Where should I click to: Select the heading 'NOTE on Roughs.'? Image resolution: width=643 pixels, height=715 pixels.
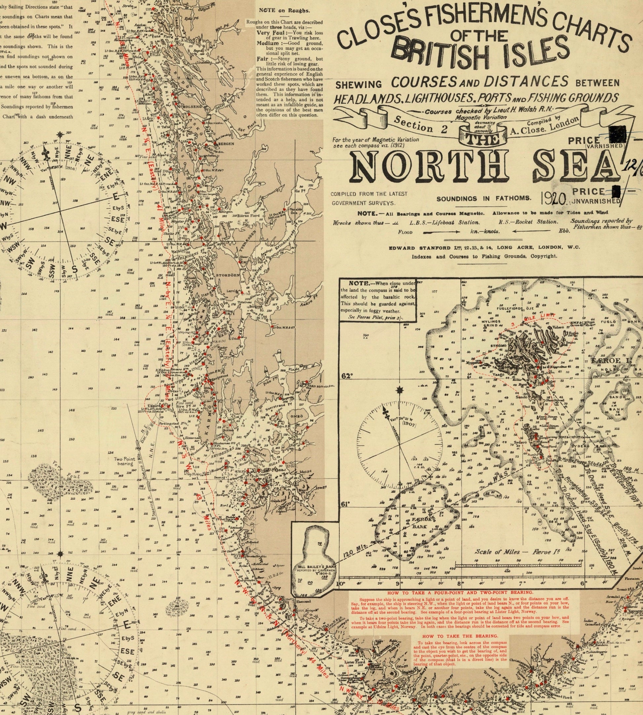284,11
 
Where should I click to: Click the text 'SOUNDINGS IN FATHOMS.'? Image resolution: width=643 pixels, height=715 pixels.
484,198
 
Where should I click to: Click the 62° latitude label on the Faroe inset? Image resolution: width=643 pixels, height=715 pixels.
347,376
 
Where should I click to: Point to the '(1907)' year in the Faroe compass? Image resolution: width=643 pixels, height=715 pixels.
409,423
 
